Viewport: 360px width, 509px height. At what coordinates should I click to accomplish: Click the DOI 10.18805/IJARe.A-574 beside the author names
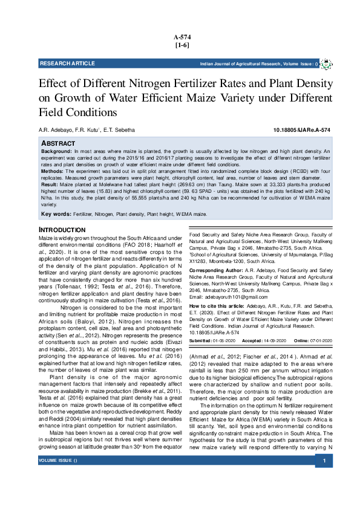point(302,130)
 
